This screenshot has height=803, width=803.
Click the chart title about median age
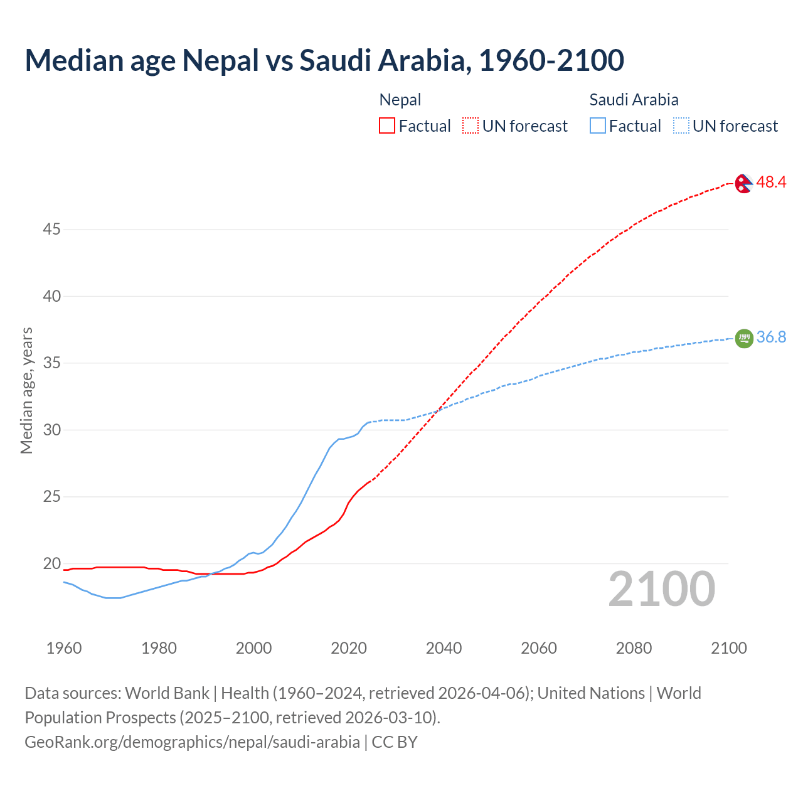coord(324,60)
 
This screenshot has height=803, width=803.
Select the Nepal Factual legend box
coord(387,125)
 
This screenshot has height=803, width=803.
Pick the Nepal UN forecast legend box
coord(471,125)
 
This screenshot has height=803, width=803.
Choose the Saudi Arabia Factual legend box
coord(597,125)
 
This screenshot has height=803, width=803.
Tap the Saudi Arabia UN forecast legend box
coord(681,125)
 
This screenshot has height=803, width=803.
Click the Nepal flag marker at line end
coord(743,183)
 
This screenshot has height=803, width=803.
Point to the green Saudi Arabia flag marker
coord(743,338)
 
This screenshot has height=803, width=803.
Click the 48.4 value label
coord(771,182)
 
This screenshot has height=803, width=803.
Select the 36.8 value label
coord(771,337)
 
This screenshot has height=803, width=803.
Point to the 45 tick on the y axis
coord(51,230)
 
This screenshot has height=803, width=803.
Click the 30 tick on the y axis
coord(51,430)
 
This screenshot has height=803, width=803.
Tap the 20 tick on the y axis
coord(51,564)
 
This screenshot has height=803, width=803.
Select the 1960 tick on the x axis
coord(64,648)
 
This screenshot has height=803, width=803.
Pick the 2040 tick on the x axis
coord(444,648)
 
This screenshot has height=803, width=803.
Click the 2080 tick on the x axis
coord(634,648)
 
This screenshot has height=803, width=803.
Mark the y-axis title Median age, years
coord(26,390)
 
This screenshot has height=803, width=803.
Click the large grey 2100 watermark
coord(661,589)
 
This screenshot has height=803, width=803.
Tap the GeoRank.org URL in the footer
coord(192,742)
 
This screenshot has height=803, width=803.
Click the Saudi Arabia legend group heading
coord(634,100)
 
